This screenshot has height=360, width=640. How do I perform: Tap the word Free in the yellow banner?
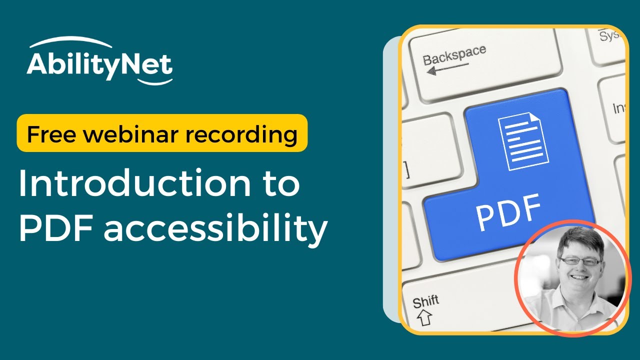pyautogui.click(x=48, y=134)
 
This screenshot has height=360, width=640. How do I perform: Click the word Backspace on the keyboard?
pyautogui.click(x=454, y=54)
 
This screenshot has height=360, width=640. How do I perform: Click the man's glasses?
pyautogui.click(x=580, y=261)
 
